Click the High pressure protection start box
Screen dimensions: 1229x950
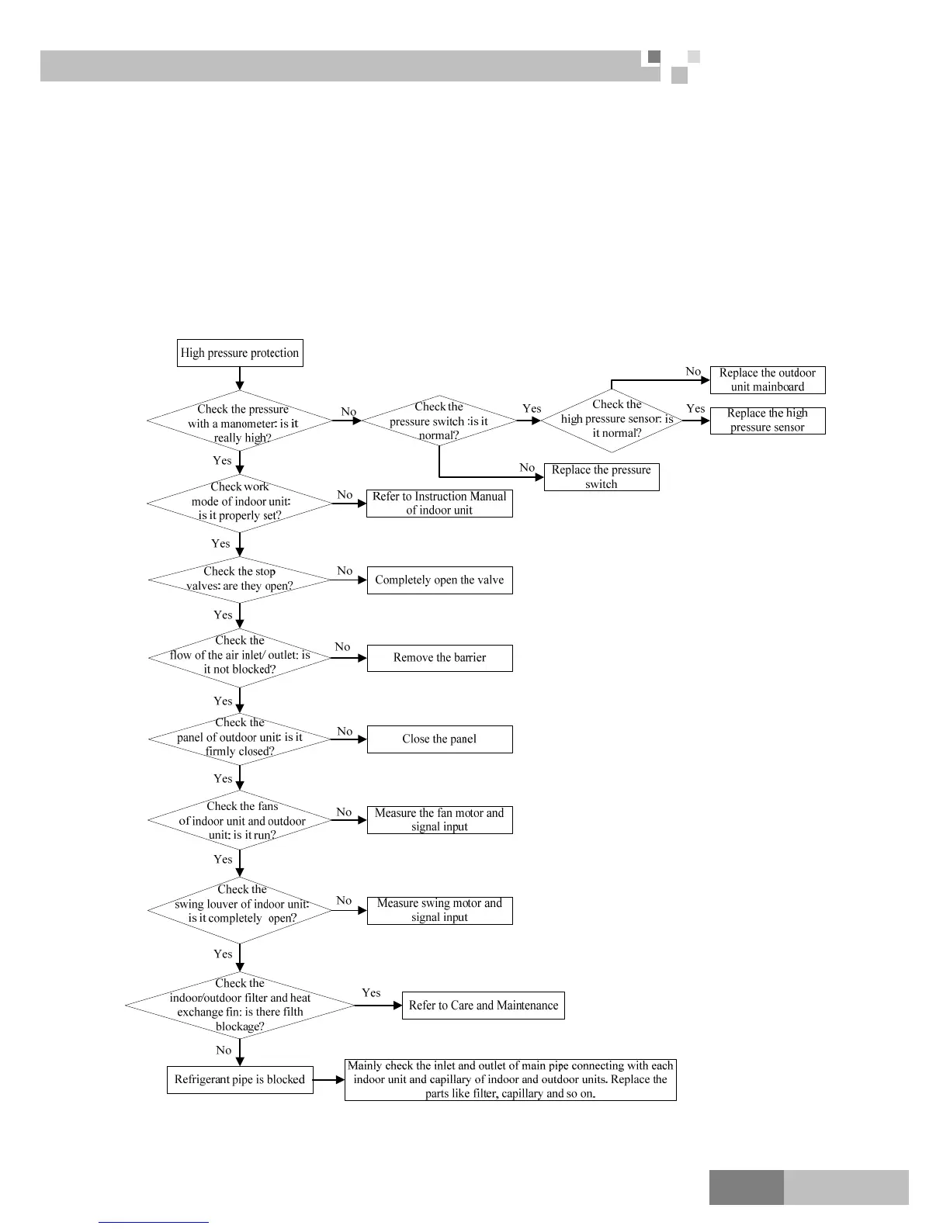(239, 353)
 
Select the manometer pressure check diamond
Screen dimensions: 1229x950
(241, 423)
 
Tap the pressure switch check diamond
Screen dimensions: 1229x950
(439, 421)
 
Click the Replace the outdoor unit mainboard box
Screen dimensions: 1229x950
(767, 380)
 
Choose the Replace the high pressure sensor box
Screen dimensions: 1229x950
(767, 421)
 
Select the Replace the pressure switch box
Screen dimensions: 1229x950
(602, 477)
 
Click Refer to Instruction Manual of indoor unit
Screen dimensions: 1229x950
(439, 504)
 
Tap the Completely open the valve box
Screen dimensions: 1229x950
(439, 580)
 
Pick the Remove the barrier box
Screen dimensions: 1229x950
(439, 658)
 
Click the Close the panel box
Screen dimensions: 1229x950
(439, 739)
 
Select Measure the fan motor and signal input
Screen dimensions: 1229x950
(439, 820)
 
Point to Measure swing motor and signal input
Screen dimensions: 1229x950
(439, 910)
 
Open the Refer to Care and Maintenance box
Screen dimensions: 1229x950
(483, 1006)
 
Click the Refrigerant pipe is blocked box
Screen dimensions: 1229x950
(240, 1080)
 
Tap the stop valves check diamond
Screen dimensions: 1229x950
(240, 580)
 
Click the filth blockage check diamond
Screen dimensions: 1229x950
(240, 1006)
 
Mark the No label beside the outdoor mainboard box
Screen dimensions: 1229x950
(693, 372)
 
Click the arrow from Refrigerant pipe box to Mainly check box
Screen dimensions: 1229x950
(329, 1080)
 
